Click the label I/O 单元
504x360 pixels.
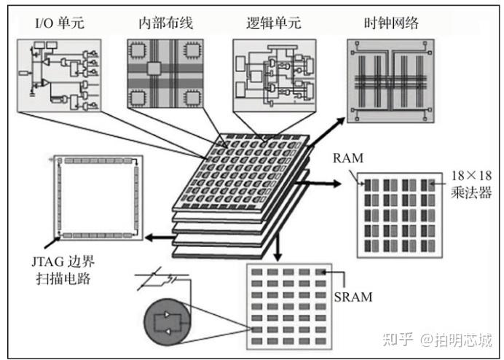(x=59, y=23)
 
